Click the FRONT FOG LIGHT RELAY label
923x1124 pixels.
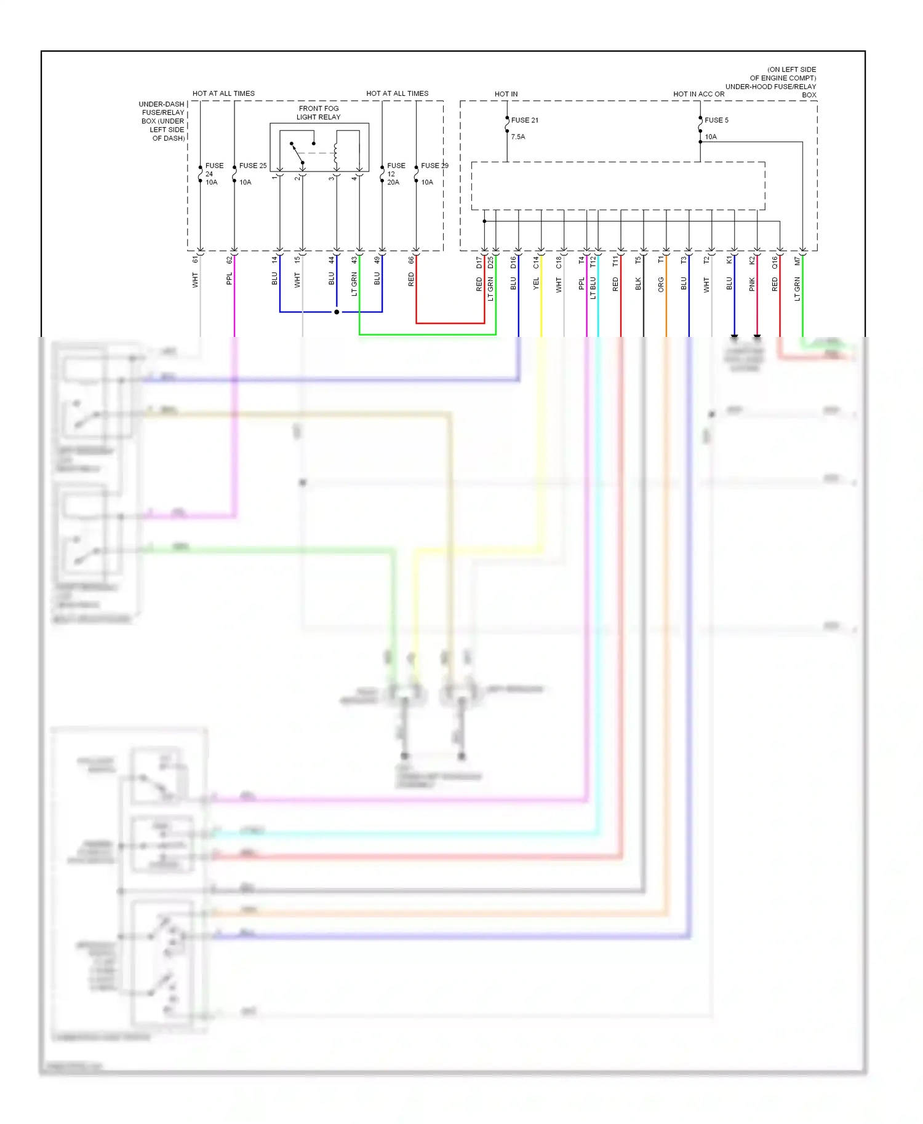tap(318, 113)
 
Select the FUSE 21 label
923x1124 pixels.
tap(524, 121)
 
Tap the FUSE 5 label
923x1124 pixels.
tap(716, 121)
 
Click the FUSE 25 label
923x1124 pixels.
tap(252, 166)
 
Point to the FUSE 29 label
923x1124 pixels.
tap(434, 166)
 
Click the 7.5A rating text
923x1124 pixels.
tap(518, 137)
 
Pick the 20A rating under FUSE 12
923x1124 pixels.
tap(393, 183)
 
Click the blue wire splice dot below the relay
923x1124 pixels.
tap(337, 312)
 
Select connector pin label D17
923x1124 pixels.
tap(479, 263)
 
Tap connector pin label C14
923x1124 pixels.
tap(536, 263)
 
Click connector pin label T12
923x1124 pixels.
tap(593, 263)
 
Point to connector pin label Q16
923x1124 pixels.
tap(775, 263)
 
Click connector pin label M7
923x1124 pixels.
tap(797, 261)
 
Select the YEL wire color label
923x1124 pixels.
tap(536, 284)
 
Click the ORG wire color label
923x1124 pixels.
tap(661, 285)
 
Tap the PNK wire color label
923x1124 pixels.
tap(752, 284)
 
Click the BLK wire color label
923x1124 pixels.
tap(638, 284)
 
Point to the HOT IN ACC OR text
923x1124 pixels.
tap(698, 94)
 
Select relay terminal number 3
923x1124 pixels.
tap(331, 178)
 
